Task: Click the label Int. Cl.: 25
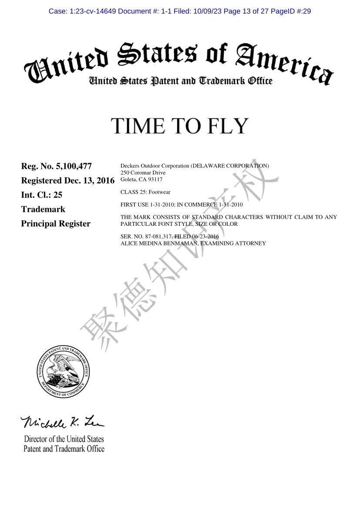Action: [42, 195]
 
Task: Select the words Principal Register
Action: [56, 224]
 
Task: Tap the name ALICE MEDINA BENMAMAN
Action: [159, 243]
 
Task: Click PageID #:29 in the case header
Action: [291, 11]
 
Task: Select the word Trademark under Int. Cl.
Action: [43, 209]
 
